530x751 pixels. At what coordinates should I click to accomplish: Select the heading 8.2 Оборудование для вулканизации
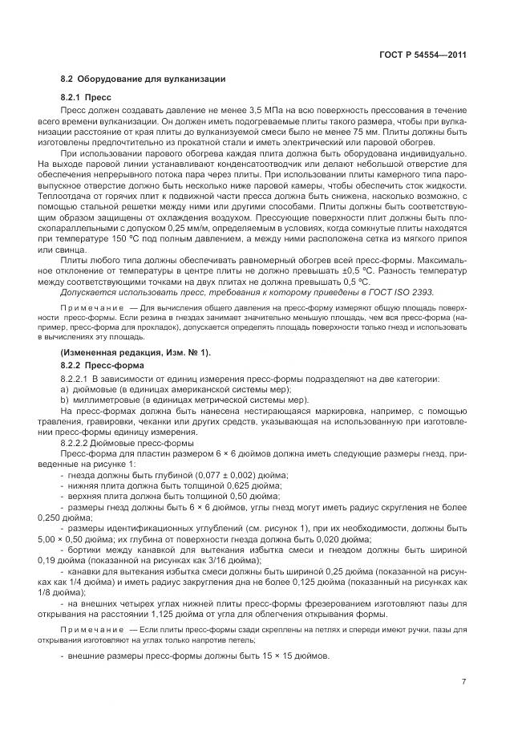[144, 79]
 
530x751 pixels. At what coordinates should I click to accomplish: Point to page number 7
[464, 682]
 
